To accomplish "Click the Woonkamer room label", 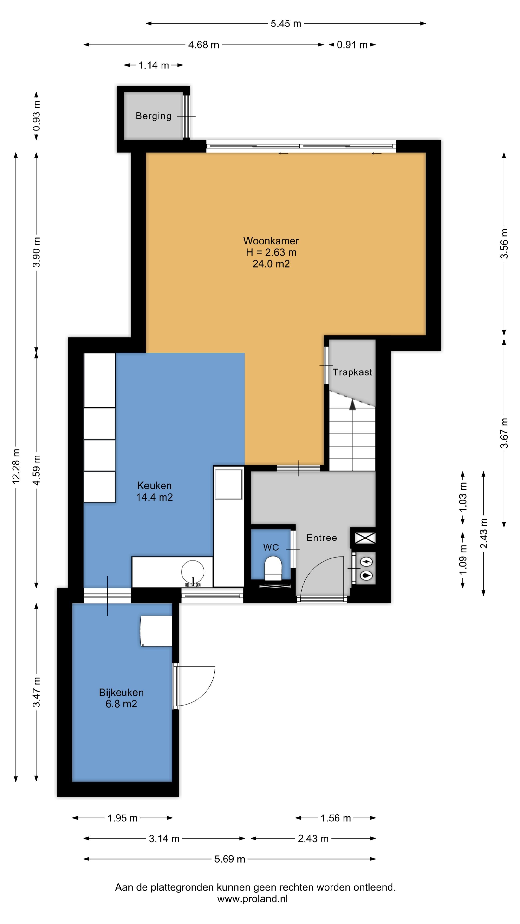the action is (271, 241).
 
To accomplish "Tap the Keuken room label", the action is (154, 486).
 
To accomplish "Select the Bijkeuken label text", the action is (121, 693).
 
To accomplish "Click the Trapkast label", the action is (352, 372).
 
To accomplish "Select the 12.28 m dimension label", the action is (16, 466).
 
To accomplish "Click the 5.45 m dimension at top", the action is (286, 24).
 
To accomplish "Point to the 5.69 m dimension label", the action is (230, 859).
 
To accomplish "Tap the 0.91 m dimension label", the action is (352, 45).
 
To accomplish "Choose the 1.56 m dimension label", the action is (336, 818).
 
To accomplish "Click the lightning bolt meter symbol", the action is (366, 562).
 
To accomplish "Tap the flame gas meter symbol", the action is (366, 575).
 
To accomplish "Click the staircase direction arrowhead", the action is (352, 404).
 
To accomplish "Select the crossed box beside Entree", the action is (365, 538).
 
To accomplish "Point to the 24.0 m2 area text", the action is (271, 264).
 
